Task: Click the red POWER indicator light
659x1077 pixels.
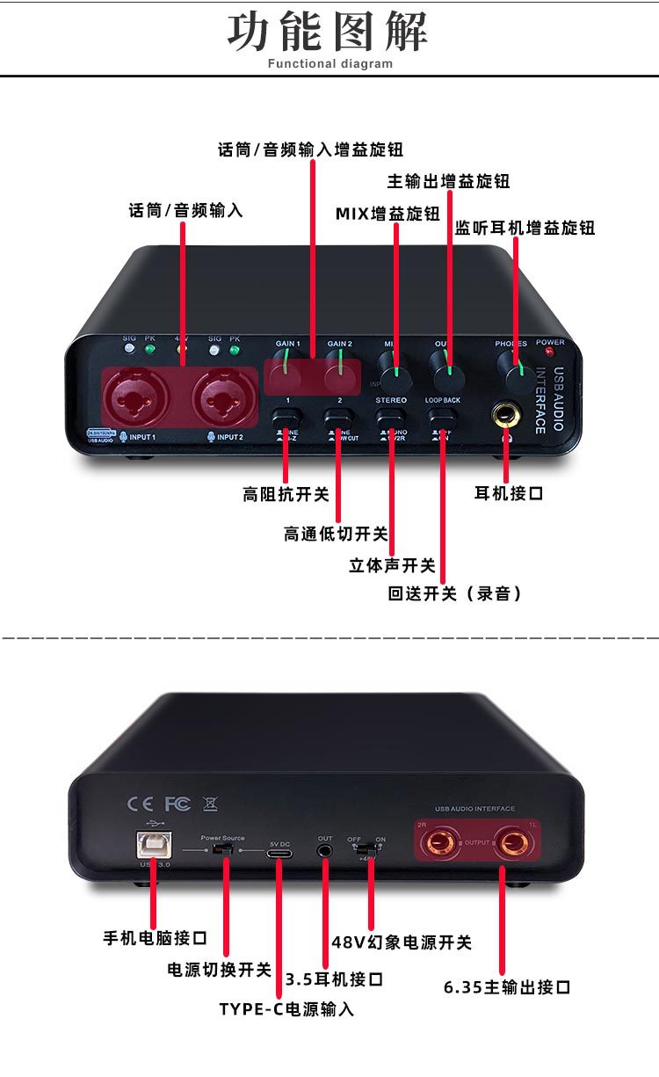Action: click(551, 352)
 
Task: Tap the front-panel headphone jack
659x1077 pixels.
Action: click(507, 413)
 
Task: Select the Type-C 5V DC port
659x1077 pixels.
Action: click(281, 853)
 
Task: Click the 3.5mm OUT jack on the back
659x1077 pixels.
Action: click(326, 850)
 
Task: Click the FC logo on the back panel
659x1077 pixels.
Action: click(177, 804)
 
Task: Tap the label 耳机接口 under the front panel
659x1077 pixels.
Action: click(509, 493)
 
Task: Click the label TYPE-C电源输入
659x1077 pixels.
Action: click(286, 1009)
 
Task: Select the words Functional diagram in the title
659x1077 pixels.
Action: click(330, 63)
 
